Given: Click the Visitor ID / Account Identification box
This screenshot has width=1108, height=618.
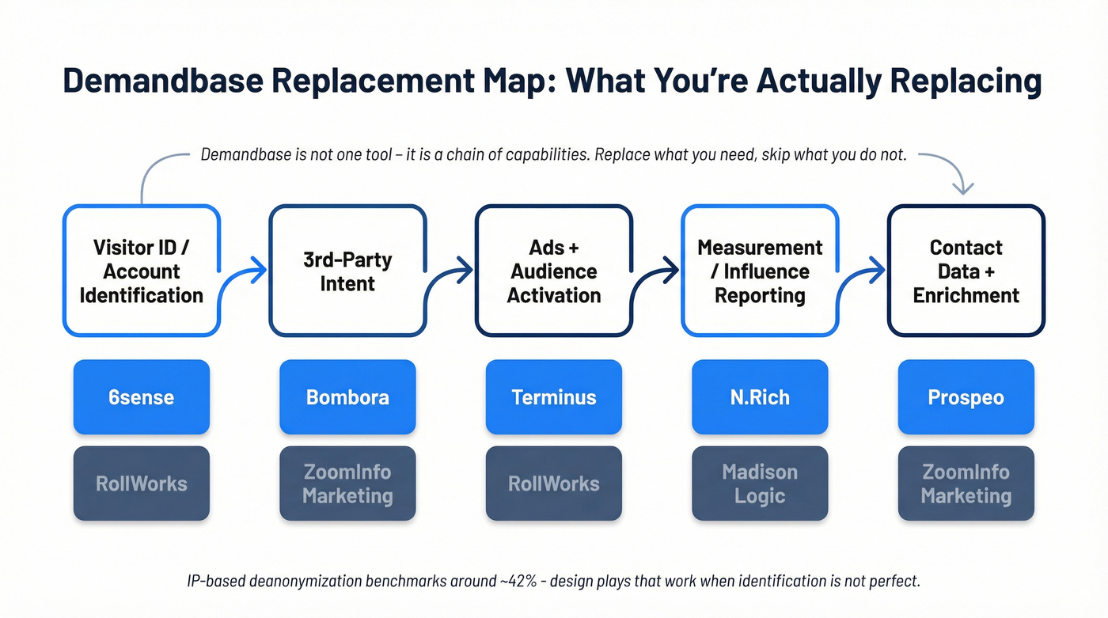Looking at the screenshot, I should coord(142,271).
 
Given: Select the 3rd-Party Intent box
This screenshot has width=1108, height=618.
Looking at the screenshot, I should coord(347,271).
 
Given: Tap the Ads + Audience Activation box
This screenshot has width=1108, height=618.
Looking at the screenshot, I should coord(554,271).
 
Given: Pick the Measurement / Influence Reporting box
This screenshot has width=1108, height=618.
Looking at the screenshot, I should coord(760,271).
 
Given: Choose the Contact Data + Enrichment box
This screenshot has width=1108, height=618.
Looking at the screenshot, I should coord(966,271).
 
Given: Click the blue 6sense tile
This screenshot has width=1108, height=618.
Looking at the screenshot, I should coord(142,397).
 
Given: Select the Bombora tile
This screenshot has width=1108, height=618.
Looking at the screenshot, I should coord(347,397).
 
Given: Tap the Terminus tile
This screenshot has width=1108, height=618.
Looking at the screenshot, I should coord(554,397).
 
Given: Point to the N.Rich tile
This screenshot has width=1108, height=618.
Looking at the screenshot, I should coord(760,397).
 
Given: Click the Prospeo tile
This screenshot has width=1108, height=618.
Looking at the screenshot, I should coord(966,397).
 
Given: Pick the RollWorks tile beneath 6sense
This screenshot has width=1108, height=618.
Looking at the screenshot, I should coord(142,483).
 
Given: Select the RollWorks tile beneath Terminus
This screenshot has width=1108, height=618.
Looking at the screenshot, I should coord(554,483).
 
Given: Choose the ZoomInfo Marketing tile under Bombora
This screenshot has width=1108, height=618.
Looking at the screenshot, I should coord(347,483).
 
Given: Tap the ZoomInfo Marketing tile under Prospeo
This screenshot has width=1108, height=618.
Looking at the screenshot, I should coord(966,483).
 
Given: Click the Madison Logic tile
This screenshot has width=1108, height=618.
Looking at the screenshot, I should coord(760,483).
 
